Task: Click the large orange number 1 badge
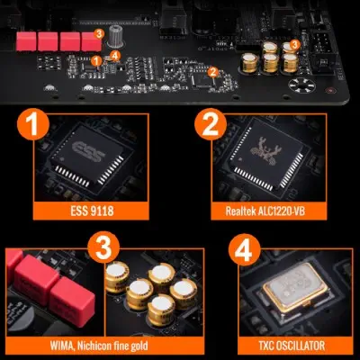click(x=33, y=124)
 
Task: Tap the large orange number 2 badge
click(x=211, y=124)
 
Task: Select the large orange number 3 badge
click(x=103, y=247)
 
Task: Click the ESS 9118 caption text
click(x=92, y=211)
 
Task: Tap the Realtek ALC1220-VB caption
click(x=265, y=211)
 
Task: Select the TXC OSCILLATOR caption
click(x=292, y=346)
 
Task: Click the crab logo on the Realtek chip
click(x=263, y=151)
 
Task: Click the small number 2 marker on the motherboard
click(x=213, y=72)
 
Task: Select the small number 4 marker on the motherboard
click(x=115, y=55)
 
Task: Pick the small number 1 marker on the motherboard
click(x=96, y=60)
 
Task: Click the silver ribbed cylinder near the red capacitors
click(x=115, y=37)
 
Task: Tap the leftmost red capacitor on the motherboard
click(x=26, y=41)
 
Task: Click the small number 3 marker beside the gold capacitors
click(x=295, y=45)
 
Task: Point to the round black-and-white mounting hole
click(x=302, y=85)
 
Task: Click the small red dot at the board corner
click(x=330, y=90)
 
